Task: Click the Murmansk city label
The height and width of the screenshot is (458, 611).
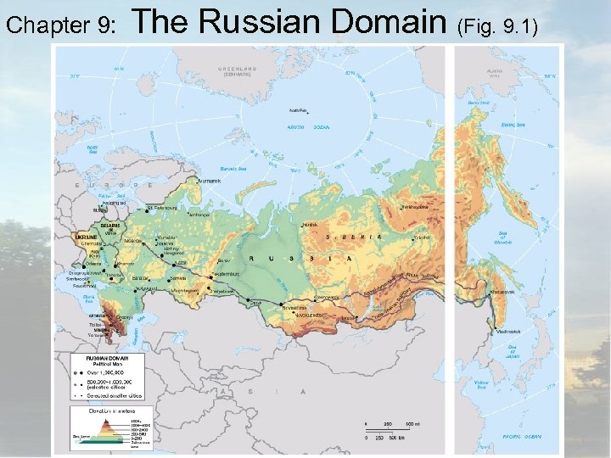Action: click(208, 181)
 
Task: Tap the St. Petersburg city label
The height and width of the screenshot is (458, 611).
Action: click(162, 204)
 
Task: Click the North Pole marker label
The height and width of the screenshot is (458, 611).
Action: click(299, 110)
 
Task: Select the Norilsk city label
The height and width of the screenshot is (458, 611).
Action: click(311, 226)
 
